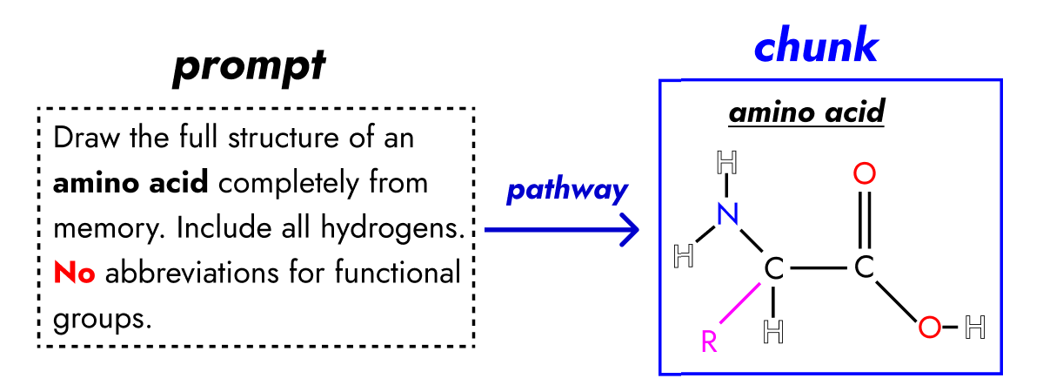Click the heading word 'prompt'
pos(249,68)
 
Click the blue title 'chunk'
pos(815,47)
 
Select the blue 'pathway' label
pos(566,192)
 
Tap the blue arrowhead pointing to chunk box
pos(632,230)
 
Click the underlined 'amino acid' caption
pos(806,114)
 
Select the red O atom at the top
pos(864,174)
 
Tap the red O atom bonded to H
pos(930,328)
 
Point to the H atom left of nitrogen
pos(685,256)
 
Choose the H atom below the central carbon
pos(772,330)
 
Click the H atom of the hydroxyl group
pos(976,328)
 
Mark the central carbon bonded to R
pos(772,269)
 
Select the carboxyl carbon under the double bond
pos(863,269)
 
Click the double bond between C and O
pos(864,221)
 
